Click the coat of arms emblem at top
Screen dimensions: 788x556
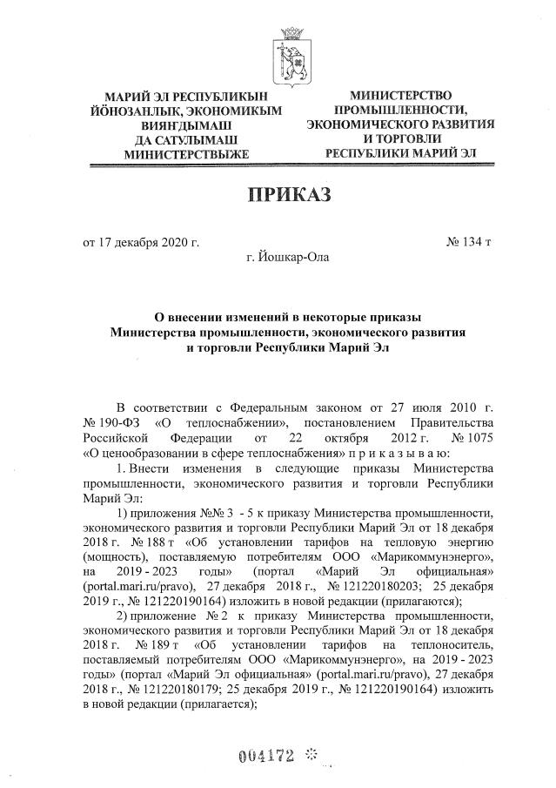coord(291,54)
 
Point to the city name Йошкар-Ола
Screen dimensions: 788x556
coord(289,257)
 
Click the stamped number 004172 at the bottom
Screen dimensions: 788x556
coord(265,753)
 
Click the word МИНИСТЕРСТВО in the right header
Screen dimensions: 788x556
coord(402,94)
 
